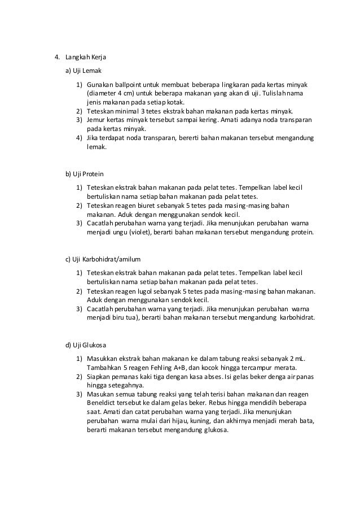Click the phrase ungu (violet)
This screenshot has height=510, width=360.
127,232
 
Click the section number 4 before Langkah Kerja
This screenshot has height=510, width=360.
56,58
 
